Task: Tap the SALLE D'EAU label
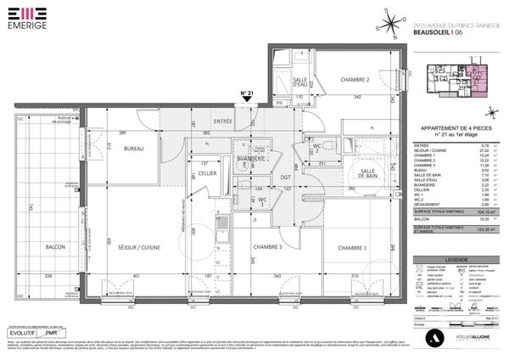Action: click(299, 82)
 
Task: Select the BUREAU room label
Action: click(131, 149)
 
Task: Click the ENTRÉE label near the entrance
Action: click(223, 122)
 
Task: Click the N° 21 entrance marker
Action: click(247, 94)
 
